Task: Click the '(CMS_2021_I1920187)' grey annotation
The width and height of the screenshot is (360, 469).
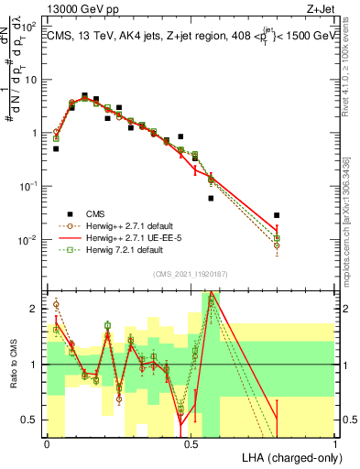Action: coord(190,274)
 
